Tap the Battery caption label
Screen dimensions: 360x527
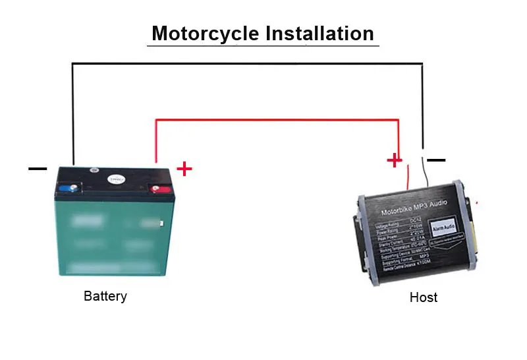coord(105,296)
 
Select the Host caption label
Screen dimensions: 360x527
coord(423,297)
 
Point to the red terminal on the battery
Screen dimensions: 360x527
coord(157,190)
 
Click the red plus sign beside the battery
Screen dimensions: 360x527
coord(184,169)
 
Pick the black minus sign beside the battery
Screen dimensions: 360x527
coord(38,169)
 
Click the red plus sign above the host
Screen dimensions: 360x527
coord(394,160)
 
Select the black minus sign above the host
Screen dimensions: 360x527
coord(436,160)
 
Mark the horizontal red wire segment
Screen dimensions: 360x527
coord(277,120)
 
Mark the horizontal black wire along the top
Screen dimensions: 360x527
coord(247,63)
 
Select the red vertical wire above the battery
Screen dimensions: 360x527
coord(155,142)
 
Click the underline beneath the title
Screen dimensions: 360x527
coord(263,45)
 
